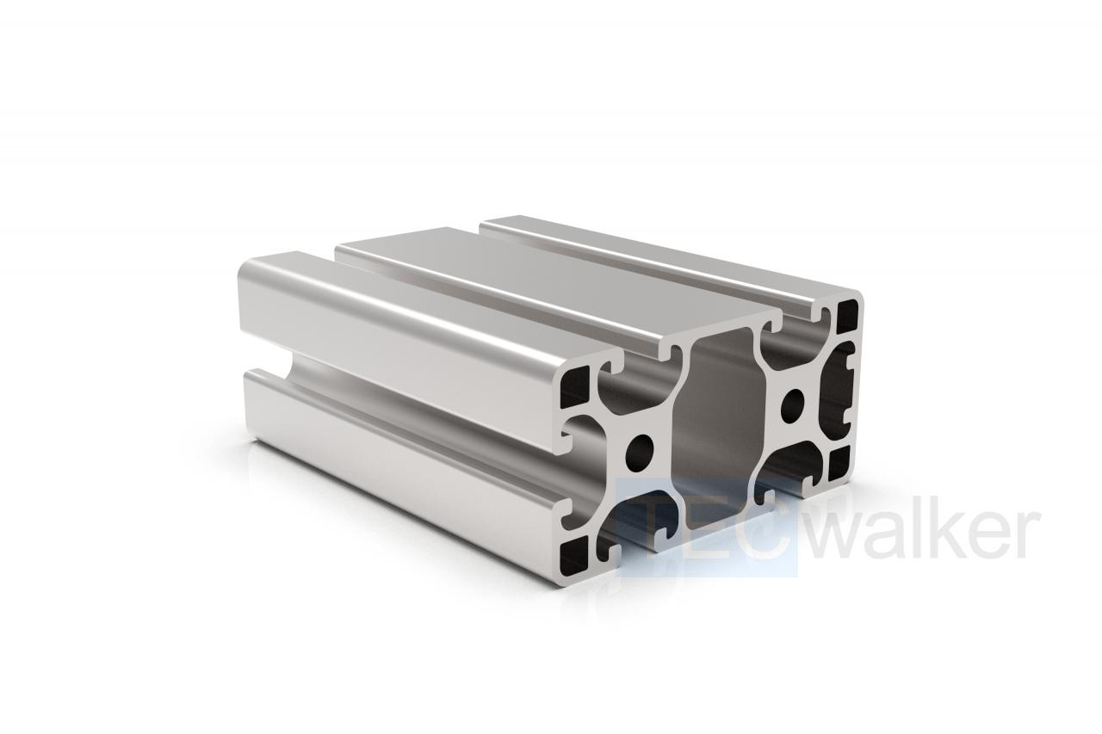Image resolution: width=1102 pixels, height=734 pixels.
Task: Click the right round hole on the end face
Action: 793,404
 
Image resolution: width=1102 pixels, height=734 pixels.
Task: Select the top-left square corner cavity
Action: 574,387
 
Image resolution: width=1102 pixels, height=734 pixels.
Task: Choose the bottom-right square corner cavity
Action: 839,463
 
